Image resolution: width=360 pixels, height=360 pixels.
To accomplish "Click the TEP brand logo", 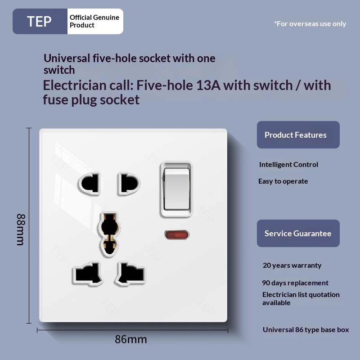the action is coord(39,21).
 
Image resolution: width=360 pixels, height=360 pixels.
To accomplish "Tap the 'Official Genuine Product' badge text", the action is coord(94,21).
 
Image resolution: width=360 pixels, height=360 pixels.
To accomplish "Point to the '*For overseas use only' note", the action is coord(310,24).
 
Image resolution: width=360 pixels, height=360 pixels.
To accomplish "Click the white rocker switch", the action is coord(176,189).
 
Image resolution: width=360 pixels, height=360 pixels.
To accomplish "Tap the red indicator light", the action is coord(177,235).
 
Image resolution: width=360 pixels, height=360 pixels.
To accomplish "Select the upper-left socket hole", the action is coord(90,184).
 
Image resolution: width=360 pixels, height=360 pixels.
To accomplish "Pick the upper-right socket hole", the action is coord(129,184).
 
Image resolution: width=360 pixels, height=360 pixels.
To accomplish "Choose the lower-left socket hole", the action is coord(88,273).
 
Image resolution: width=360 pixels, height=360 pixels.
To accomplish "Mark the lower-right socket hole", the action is coord(130,273).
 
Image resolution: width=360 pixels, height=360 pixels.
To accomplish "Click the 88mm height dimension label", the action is coord(21,229).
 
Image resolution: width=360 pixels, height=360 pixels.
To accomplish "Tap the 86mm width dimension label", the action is coord(131,339).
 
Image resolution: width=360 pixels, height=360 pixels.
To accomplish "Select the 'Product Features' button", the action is coord(298,135).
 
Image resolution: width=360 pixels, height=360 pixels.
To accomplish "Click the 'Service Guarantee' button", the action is coord(298,233).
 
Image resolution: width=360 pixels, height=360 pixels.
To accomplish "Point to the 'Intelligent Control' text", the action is coord(288,164).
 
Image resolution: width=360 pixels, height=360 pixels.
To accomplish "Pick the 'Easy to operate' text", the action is coord(283,181).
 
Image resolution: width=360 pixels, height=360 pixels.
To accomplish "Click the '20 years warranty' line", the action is coord(292,265).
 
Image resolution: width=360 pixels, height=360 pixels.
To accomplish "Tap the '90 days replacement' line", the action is coord(295,283).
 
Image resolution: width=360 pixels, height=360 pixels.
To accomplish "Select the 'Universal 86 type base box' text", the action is coord(306,330).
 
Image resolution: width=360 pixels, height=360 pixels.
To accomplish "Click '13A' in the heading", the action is coord(208,85).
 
